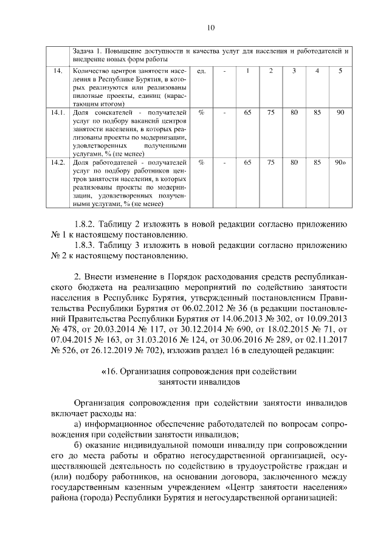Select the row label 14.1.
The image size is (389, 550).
point(59,112)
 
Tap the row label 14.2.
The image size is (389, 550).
point(59,162)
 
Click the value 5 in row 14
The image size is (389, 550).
point(340,72)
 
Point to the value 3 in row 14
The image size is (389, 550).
point(294,72)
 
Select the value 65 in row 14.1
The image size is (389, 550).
point(247,112)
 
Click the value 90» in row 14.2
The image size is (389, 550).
point(340,162)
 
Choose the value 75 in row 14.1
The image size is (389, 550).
point(271,112)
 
